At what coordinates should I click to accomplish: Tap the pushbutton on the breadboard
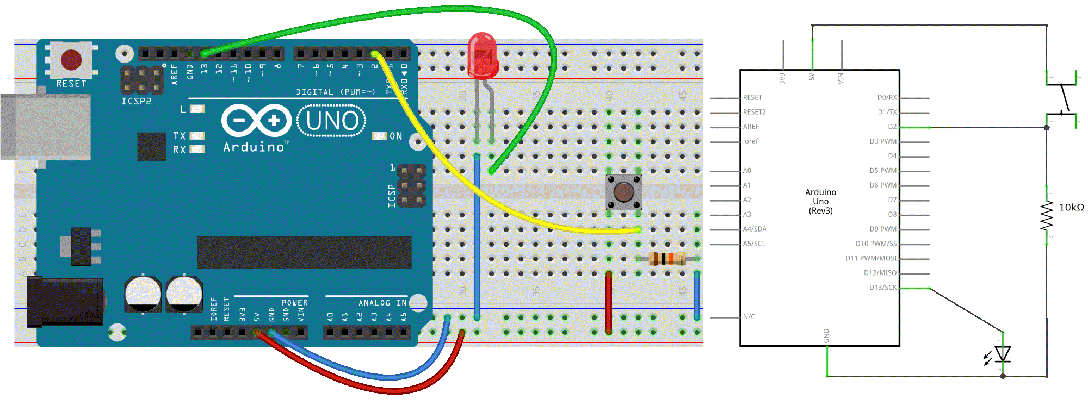(623, 192)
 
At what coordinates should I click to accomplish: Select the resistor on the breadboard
(667, 259)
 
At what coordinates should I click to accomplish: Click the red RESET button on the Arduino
(71, 60)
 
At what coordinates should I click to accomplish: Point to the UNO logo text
(332, 121)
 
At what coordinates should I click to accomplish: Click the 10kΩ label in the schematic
(1071, 208)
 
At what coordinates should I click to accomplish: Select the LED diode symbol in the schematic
(1002, 354)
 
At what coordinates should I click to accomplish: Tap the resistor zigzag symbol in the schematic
(1047, 216)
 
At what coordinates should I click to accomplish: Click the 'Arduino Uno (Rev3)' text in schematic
(820, 201)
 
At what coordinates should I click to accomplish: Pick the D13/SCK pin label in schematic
(882, 288)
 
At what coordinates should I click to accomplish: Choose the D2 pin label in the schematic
(892, 127)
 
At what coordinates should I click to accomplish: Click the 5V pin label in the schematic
(812, 77)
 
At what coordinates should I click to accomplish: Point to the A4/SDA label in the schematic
(755, 229)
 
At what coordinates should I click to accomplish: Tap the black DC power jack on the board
(65, 301)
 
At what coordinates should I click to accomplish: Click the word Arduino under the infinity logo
(254, 147)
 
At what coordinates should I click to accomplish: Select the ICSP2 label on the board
(136, 102)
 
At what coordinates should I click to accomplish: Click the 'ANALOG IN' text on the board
(382, 303)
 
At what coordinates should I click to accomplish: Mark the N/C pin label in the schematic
(749, 317)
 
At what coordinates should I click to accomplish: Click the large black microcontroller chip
(304, 252)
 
